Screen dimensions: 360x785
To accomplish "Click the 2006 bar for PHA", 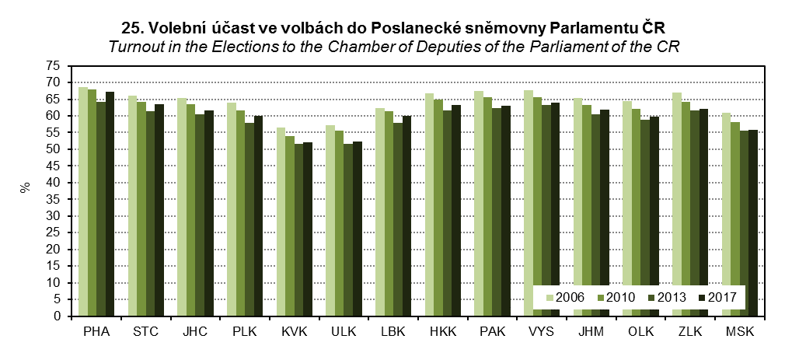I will [x=83, y=201].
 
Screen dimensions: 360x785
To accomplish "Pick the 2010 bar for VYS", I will [x=536, y=207].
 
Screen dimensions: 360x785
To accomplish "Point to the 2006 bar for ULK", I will [x=330, y=221].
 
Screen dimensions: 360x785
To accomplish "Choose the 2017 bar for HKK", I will [x=456, y=211].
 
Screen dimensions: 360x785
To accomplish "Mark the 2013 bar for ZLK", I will [x=694, y=213].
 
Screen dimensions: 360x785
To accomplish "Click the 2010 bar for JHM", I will [x=586, y=211].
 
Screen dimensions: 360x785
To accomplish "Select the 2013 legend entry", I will [x=665, y=296].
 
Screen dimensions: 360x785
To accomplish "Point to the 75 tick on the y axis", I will [x=61, y=65].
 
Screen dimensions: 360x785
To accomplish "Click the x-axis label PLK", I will [x=244, y=332].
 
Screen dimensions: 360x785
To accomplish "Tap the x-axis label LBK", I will [x=392, y=332].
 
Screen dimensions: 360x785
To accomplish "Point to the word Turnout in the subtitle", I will [x=135, y=47].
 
